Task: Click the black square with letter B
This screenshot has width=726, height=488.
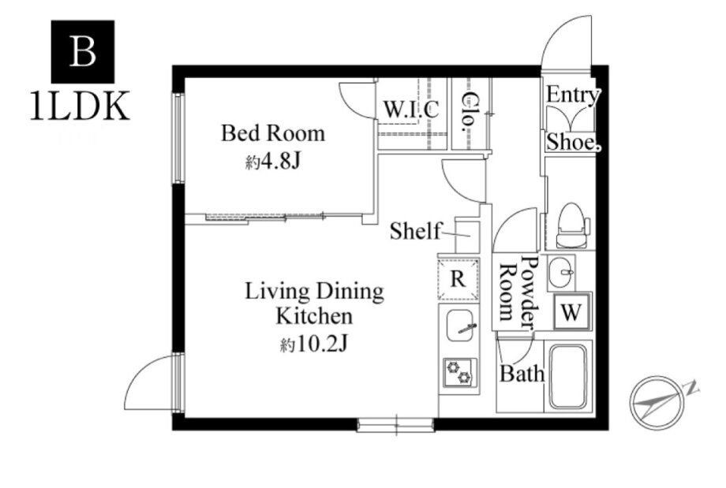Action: (82, 51)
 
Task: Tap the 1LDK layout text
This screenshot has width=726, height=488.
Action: (80, 107)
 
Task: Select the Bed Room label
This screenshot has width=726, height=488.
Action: (273, 133)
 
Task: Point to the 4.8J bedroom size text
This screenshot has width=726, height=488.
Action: (273, 162)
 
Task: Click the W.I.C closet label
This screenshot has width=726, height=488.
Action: (411, 109)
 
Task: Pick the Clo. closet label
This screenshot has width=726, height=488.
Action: (470, 111)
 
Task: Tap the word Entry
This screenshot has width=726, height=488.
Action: (573, 95)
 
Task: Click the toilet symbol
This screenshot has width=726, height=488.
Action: (573, 225)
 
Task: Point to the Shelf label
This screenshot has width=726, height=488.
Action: (415, 231)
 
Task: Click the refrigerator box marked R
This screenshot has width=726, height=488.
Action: (458, 279)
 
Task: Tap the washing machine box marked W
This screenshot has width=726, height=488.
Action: (572, 312)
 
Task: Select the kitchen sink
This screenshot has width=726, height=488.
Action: (459, 326)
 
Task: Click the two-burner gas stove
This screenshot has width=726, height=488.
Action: (459, 372)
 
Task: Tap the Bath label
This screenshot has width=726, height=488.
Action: (522, 373)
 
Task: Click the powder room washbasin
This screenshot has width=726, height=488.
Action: (561, 272)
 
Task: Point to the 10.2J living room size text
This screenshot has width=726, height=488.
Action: (313, 345)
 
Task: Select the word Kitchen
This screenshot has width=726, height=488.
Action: (314, 317)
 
